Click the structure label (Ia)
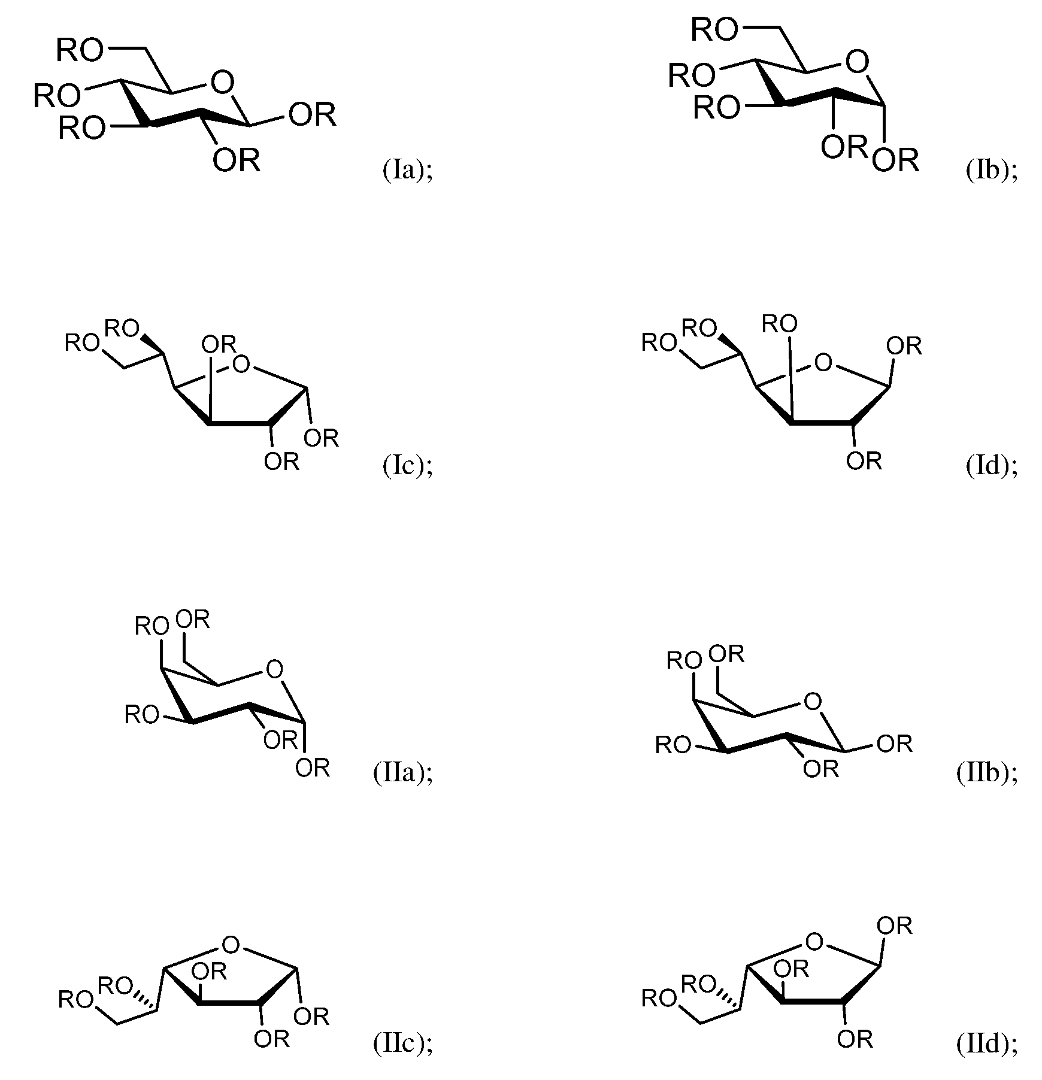click(407, 171)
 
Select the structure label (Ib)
click(991, 171)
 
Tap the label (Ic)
click(407, 466)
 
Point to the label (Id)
click(991, 466)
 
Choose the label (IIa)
click(402, 773)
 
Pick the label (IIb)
click(986, 773)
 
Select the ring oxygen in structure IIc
click(231, 945)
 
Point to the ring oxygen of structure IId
click(814, 942)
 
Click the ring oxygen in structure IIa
click(274, 669)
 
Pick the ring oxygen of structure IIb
click(813, 701)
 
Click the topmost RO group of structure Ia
click(80, 51)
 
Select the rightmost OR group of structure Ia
click(312, 115)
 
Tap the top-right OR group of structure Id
click(904, 346)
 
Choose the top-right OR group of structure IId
click(894, 926)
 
